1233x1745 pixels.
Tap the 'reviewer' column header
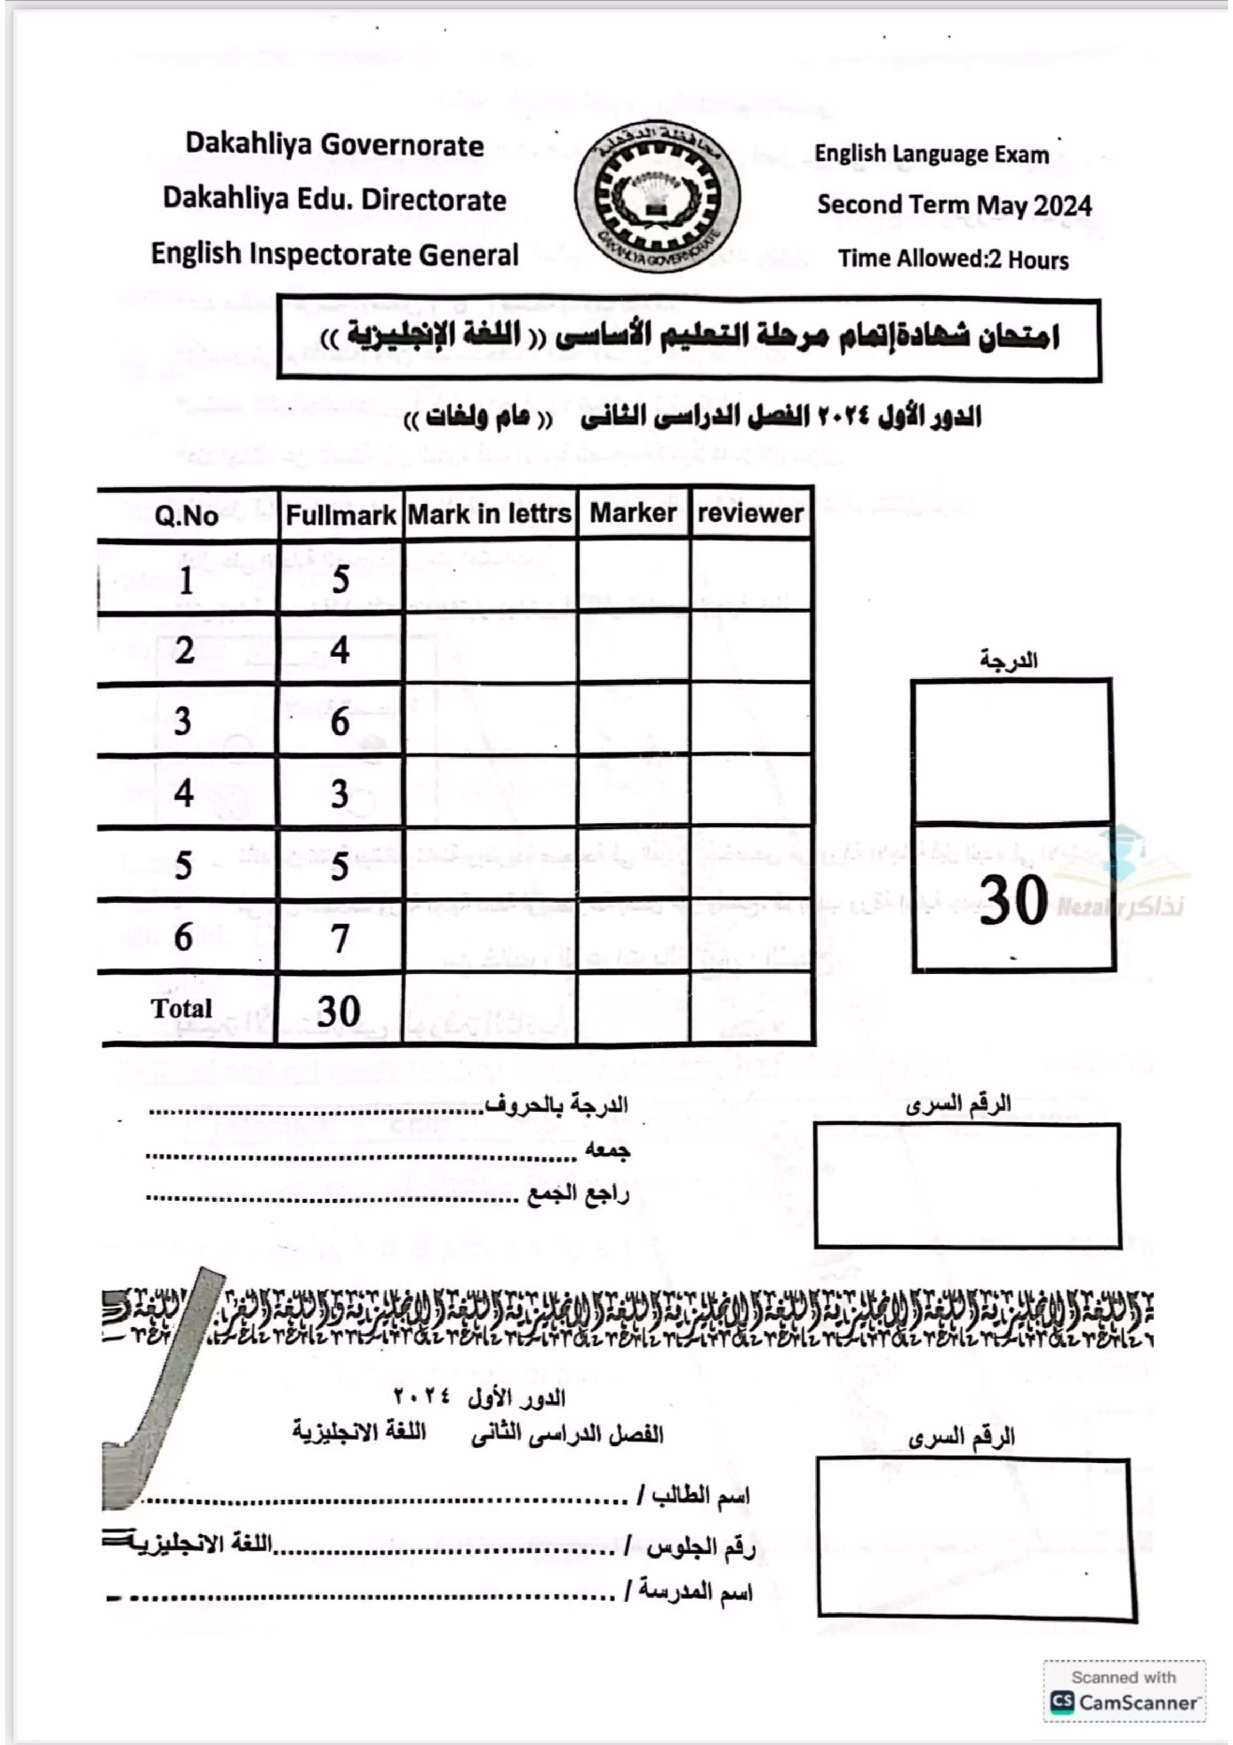coord(751,514)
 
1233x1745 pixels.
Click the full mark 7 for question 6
coord(340,938)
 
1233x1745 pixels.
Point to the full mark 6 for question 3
coord(340,720)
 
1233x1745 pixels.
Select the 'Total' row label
coord(181,1008)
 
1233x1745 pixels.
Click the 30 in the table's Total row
coord(339,1011)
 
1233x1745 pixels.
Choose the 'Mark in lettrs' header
coord(489,514)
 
